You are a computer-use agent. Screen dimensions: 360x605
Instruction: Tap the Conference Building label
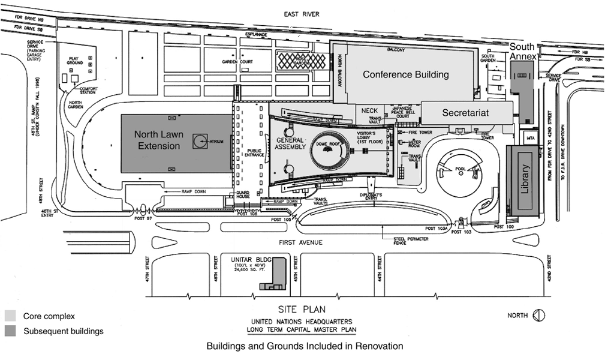click(405, 74)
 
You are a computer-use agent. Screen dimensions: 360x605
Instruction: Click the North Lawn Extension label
click(157, 140)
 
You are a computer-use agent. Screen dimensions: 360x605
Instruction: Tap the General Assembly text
click(291, 143)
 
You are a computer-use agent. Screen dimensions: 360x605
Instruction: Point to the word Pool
click(461, 169)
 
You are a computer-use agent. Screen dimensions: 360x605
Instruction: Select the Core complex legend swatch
click(11, 316)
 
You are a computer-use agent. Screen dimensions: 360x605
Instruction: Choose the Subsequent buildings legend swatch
click(11, 331)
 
